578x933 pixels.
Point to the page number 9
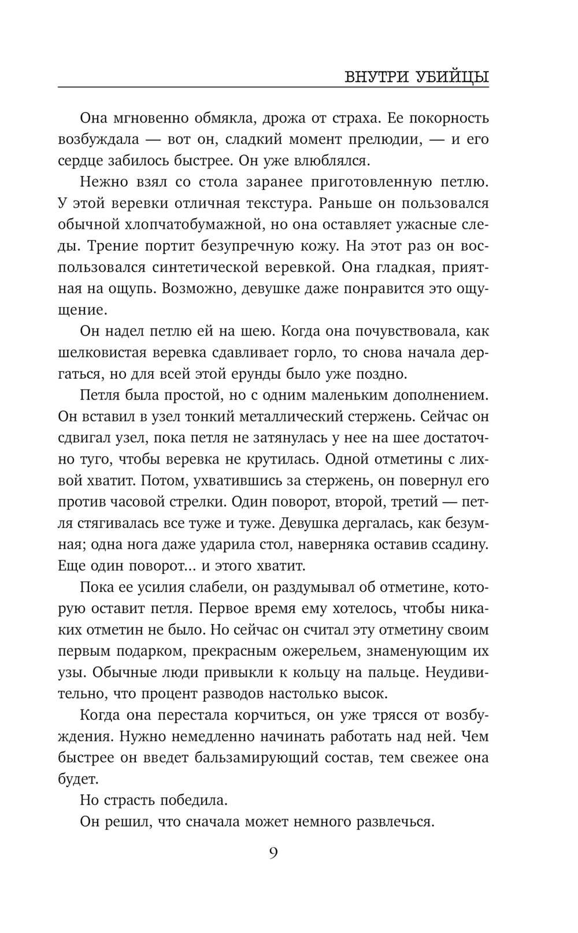pos(273,853)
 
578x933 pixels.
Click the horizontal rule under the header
pos(273,87)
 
